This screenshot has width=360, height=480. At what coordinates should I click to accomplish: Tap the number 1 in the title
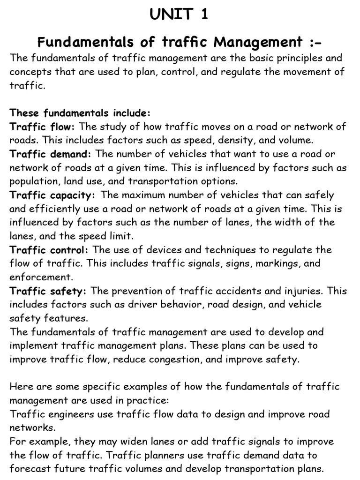point(204,15)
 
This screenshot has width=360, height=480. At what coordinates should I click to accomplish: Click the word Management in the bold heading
point(258,43)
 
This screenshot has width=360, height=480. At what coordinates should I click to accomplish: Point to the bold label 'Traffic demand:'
point(52,154)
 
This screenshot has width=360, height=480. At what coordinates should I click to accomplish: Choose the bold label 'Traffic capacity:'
point(52,195)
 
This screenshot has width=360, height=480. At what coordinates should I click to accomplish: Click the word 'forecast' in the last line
point(28,469)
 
